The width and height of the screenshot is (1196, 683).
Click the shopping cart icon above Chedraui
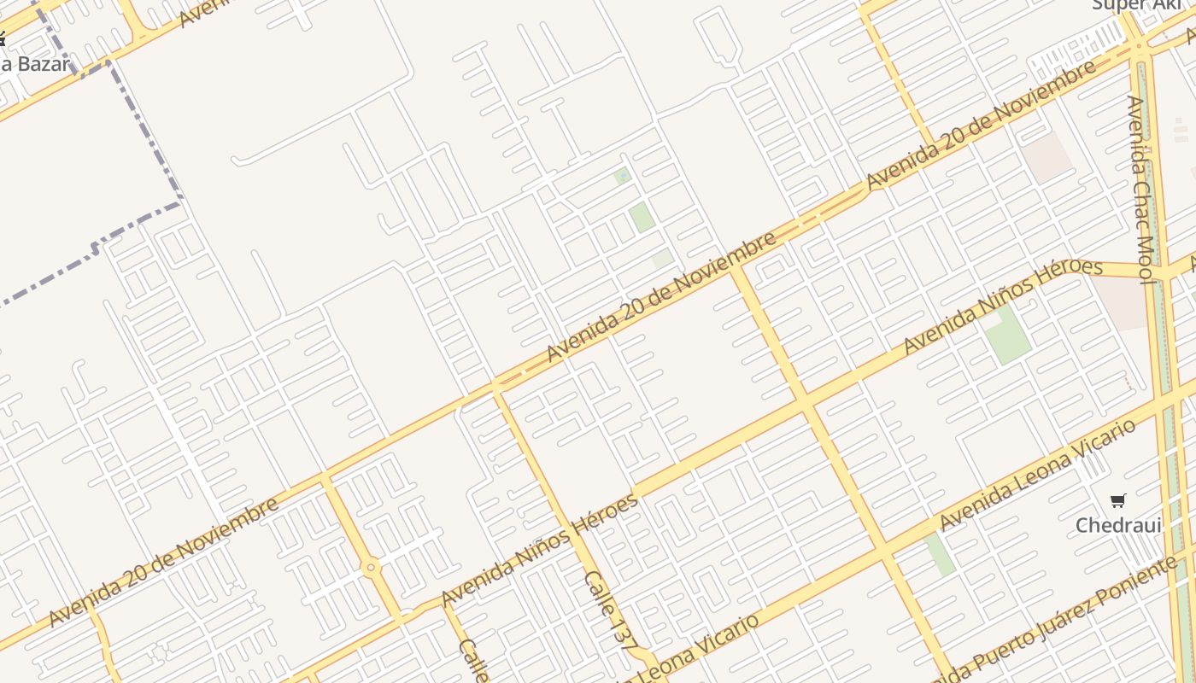[x=1117, y=500]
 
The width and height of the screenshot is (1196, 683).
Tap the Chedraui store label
[x=1118, y=525]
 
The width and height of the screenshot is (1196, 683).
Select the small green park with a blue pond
[x=622, y=176]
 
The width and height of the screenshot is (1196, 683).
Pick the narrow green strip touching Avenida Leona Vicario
[x=940, y=552]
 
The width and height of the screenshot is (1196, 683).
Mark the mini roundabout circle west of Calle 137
[x=371, y=567]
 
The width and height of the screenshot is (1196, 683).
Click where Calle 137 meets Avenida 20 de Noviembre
[x=495, y=389]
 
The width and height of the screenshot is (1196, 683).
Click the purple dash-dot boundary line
[x=145, y=128]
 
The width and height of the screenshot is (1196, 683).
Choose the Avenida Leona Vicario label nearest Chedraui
[x=1038, y=474]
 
